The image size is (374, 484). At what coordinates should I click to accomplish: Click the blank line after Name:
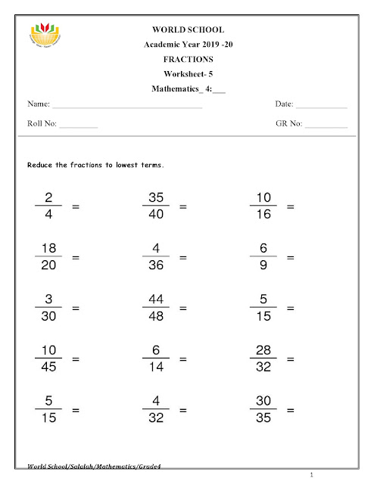pyautogui.click(x=126, y=107)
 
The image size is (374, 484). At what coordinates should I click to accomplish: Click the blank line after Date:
pyautogui.click(x=321, y=107)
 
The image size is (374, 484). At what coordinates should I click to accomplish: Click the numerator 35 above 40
pyautogui.click(x=156, y=197)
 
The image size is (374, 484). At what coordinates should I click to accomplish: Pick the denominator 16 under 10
pyautogui.click(x=263, y=215)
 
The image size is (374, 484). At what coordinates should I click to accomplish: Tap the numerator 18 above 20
pyautogui.click(x=48, y=250)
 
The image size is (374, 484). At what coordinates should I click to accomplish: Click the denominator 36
pyautogui.click(x=156, y=266)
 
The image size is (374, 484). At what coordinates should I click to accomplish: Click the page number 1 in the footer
pyautogui.click(x=322, y=474)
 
